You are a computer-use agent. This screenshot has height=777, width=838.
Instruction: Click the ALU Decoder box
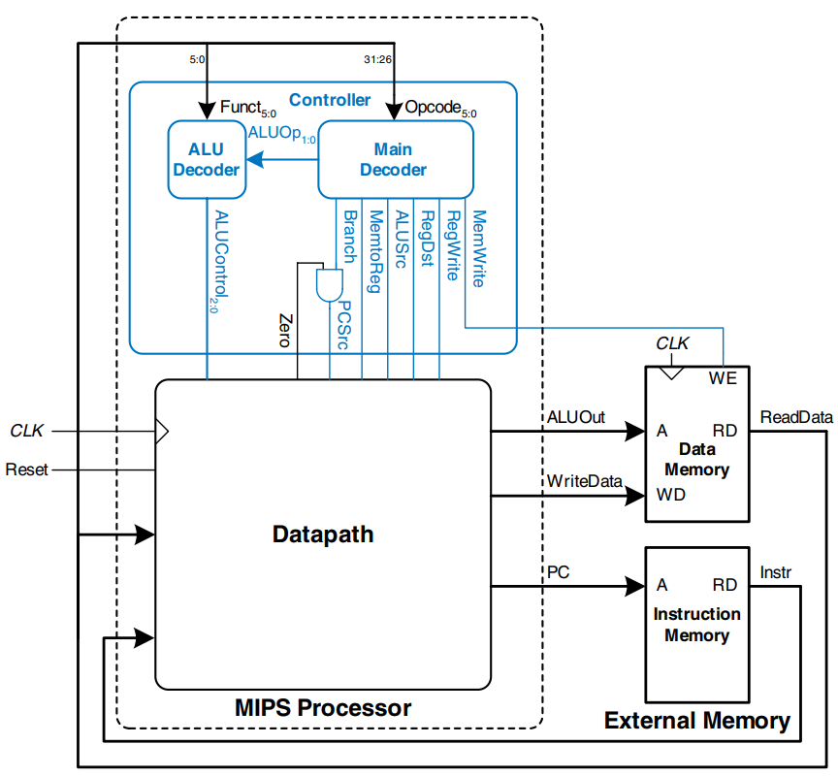pyautogui.click(x=206, y=160)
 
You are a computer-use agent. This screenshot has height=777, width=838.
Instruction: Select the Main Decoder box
pyautogui.click(x=395, y=160)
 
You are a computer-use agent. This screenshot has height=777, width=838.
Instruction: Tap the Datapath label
pyautogui.click(x=323, y=534)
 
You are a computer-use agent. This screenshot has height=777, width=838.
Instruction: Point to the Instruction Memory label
pyautogui.click(x=696, y=625)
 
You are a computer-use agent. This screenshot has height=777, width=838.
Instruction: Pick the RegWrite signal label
pyautogui.click(x=452, y=246)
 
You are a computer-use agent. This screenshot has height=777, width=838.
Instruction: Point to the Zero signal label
pyautogui.click(x=284, y=330)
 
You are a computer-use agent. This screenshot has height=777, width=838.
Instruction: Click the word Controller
pyautogui.click(x=330, y=100)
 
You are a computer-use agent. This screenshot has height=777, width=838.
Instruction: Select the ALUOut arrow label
pyautogui.click(x=576, y=417)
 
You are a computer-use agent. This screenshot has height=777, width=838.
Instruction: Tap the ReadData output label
pyautogui.click(x=796, y=417)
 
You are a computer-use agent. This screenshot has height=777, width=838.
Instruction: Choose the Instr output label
pyautogui.click(x=776, y=572)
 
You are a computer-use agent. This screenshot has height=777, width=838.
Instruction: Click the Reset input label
pyautogui.click(x=26, y=469)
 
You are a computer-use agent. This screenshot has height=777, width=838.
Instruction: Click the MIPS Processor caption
pyautogui.click(x=323, y=708)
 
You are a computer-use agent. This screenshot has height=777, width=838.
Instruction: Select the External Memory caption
pyautogui.click(x=696, y=721)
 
